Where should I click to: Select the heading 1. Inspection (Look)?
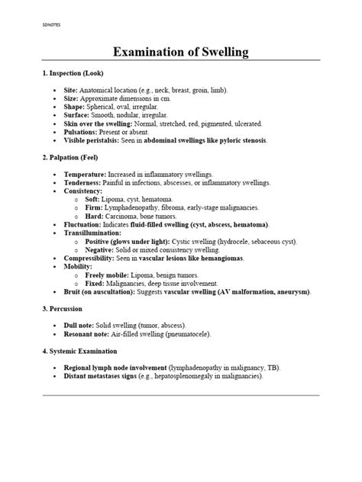(x=79, y=73)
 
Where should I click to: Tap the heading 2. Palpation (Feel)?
(x=76, y=159)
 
